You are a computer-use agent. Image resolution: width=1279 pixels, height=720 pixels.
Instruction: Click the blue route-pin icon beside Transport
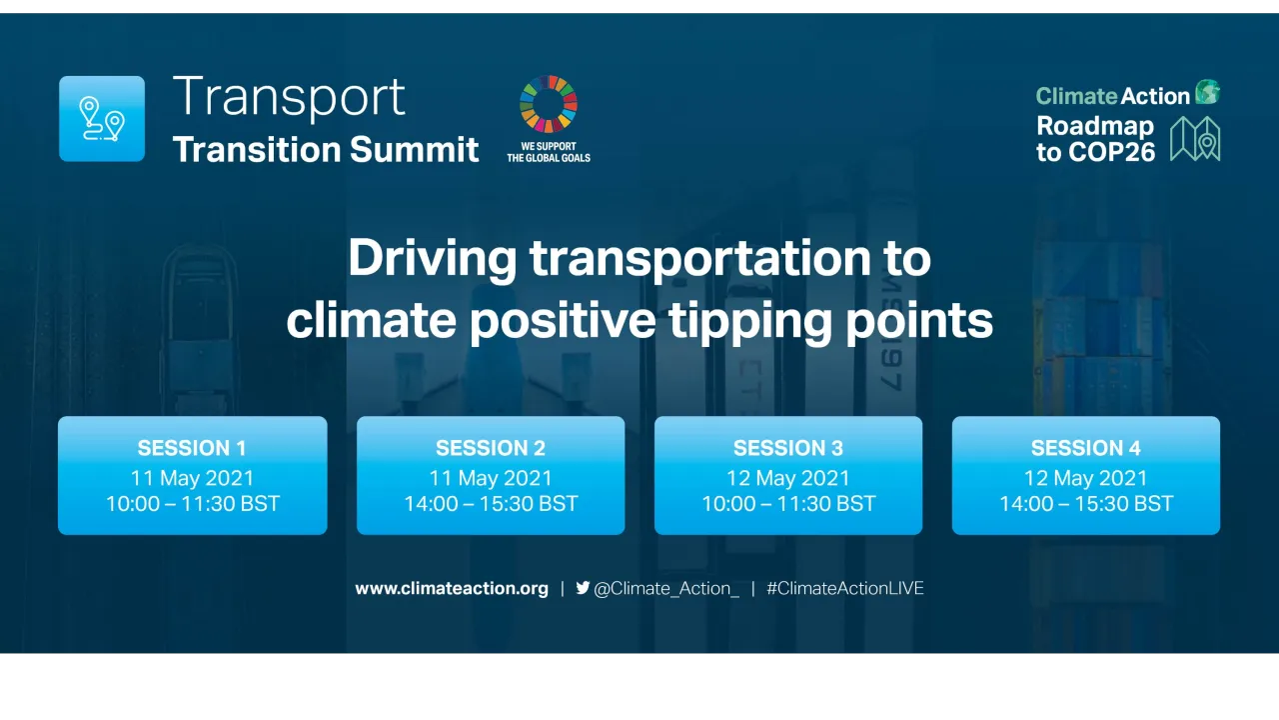tap(102, 118)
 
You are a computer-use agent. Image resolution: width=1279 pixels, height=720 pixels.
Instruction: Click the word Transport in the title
tap(289, 97)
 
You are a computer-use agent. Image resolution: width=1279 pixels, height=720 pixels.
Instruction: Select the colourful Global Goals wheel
tap(549, 104)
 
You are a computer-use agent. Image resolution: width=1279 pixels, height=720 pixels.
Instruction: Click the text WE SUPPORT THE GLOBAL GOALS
tap(549, 152)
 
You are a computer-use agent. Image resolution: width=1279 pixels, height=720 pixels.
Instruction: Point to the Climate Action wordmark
tap(1113, 96)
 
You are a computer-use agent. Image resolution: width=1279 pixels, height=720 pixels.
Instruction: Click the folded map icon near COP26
tap(1195, 138)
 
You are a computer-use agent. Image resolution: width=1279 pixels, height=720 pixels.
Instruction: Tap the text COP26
tap(1109, 152)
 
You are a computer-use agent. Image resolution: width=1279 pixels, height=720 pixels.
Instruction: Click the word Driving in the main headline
tap(432, 259)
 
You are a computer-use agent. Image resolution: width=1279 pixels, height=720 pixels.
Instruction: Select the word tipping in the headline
tap(747, 321)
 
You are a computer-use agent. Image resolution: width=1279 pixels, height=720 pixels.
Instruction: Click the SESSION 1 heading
tap(192, 448)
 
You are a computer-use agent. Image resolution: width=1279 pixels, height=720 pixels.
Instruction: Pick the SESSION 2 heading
tap(491, 448)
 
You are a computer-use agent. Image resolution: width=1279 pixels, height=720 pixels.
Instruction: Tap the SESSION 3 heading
tap(788, 448)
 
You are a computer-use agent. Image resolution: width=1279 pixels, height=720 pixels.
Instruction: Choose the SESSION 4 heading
tap(1086, 448)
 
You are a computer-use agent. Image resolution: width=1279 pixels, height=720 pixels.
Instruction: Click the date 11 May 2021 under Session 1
tap(192, 478)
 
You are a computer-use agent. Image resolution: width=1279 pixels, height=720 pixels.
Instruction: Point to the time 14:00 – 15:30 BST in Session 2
tap(491, 504)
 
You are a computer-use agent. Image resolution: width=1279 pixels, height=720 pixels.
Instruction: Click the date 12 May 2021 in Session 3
tap(788, 478)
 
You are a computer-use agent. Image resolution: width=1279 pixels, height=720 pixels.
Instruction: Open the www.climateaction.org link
tap(452, 589)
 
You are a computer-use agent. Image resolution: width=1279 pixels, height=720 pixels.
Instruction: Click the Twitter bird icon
tap(583, 588)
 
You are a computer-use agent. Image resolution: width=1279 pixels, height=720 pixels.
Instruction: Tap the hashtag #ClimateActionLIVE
tap(845, 589)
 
